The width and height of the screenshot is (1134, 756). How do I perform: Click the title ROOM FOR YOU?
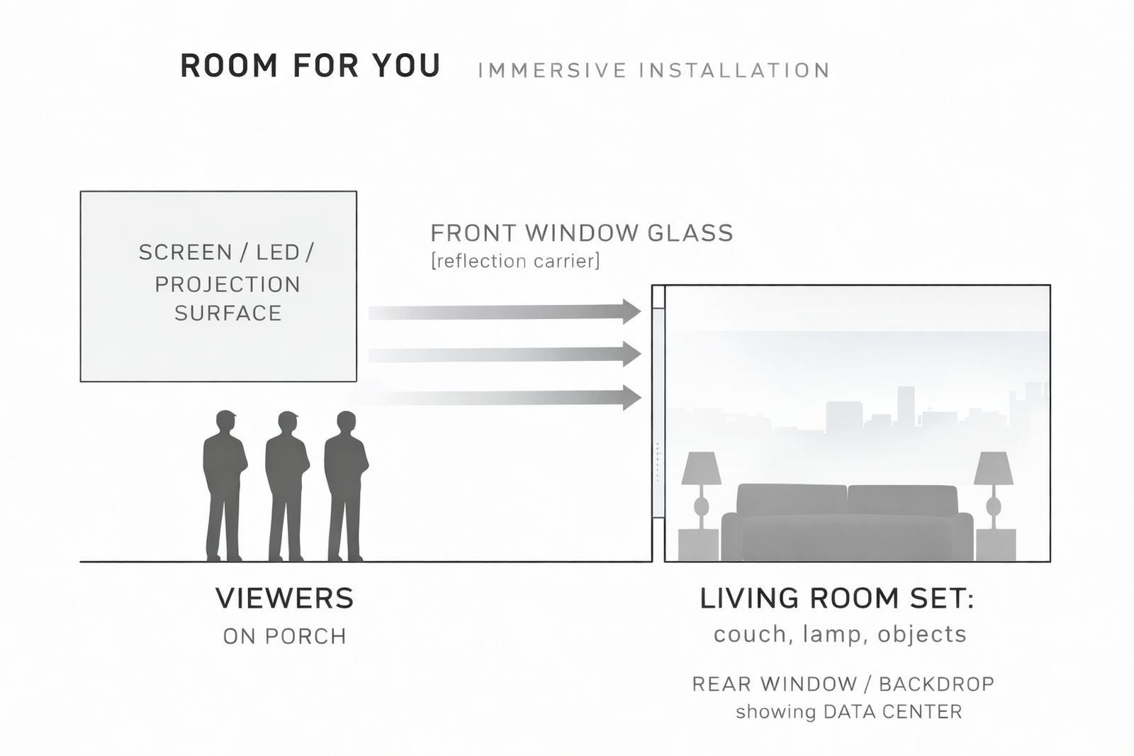coord(310,67)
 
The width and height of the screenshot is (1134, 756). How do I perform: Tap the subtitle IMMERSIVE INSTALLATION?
coord(653,71)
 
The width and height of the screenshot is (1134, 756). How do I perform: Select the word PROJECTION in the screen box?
coord(228,284)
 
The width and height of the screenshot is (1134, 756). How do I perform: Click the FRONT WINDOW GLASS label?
coord(581,233)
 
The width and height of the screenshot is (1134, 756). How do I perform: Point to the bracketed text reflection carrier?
coord(515,262)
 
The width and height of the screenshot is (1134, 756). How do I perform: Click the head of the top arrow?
coord(631,311)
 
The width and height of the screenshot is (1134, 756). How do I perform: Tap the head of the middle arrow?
coord(631,354)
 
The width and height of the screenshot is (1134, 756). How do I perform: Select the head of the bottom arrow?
coord(631,397)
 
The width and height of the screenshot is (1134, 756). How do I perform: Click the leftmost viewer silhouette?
coord(225,482)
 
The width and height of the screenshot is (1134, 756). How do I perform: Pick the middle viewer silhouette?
coord(286,482)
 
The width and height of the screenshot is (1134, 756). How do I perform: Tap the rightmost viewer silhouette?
coord(345,482)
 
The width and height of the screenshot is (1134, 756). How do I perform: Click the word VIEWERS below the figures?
coord(284,599)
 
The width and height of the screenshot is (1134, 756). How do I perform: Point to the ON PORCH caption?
coord(284,637)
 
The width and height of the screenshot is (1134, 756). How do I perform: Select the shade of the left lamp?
coord(701,468)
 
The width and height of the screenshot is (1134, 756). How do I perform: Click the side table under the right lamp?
coord(996,545)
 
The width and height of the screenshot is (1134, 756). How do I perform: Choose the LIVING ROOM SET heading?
coord(836,599)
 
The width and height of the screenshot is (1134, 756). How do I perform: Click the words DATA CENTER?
coord(892,712)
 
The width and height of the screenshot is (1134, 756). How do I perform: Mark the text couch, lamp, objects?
coord(840,634)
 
